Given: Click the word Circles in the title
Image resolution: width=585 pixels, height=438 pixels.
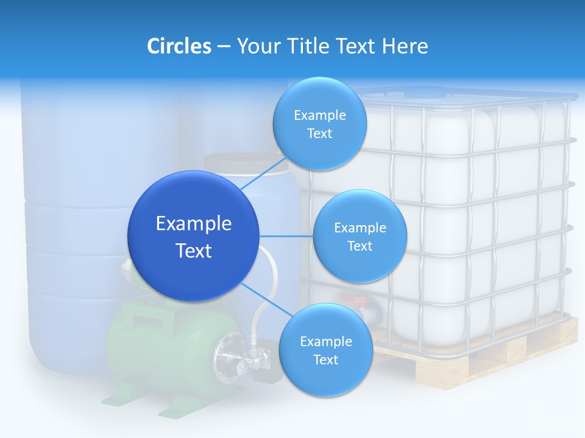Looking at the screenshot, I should point(179,46).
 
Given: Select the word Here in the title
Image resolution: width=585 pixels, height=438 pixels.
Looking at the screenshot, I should point(405,46).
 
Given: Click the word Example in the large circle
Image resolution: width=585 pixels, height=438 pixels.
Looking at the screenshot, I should point(194,224).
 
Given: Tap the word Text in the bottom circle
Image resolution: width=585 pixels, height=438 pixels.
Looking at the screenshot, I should point(325,360).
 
